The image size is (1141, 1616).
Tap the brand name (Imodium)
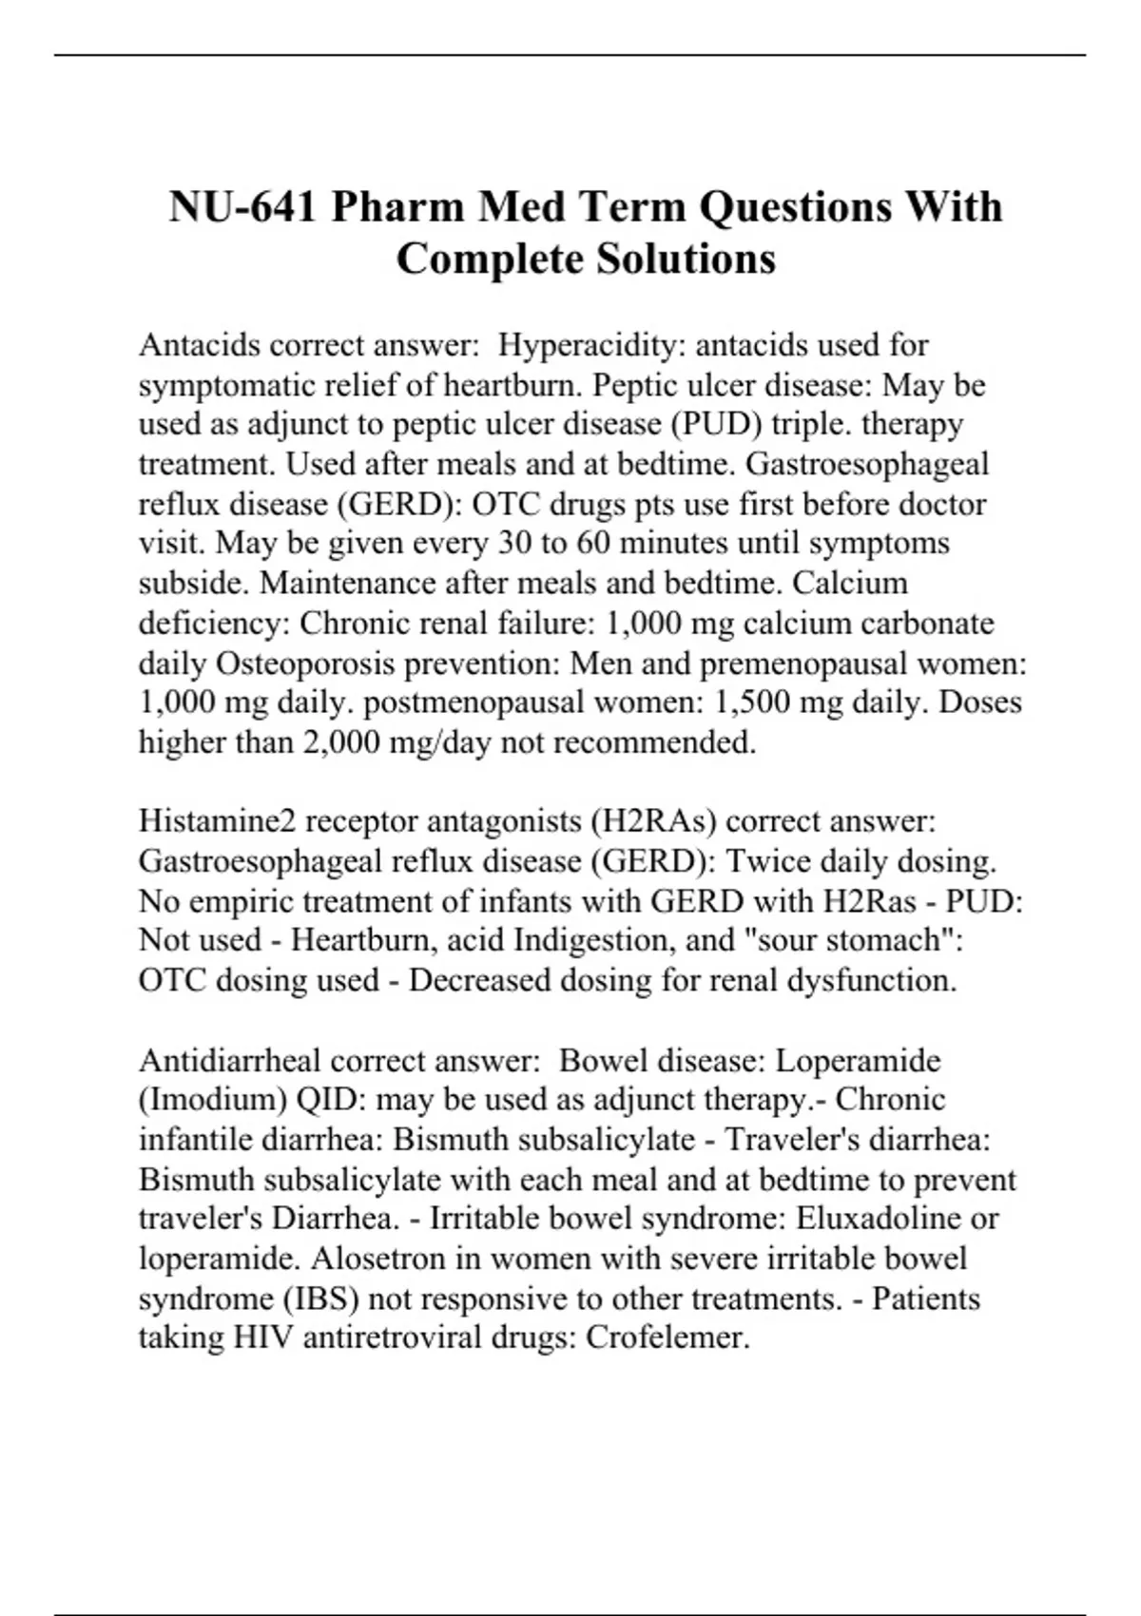pos(213,1100)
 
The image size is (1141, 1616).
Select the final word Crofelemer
pos(667,1338)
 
